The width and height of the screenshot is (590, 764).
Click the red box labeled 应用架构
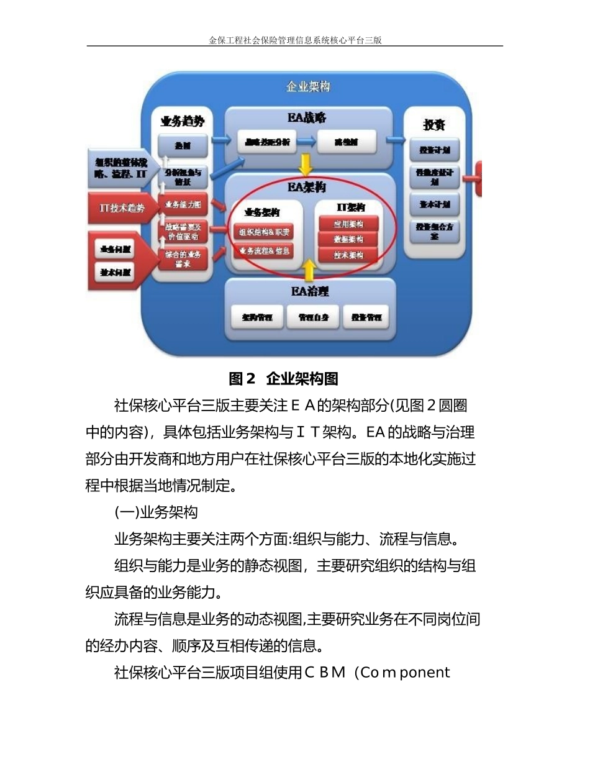click(x=348, y=224)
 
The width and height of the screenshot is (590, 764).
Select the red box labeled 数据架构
click(x=348, y=239)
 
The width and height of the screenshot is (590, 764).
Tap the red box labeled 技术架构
click(x=348, y=254)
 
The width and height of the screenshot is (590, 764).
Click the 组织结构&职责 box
click(x=264, y=232)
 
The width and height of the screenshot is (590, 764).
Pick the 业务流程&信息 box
click(x=264, y=251)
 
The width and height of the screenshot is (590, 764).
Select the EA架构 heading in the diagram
click(x=308, y=186)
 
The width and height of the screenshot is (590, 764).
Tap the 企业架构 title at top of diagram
click(x=308, y=87)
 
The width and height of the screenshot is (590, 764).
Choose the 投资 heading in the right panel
click(x=434, y=124)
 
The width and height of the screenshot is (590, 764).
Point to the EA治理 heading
click(x=309, y=290)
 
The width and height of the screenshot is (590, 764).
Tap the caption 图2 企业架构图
click(x=283, y=378)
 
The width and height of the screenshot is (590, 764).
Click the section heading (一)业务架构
click(x=156, y=513)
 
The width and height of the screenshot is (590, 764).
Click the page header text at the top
click(x=295, y=40)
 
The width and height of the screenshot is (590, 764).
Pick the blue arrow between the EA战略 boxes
click(x=306, y=142)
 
